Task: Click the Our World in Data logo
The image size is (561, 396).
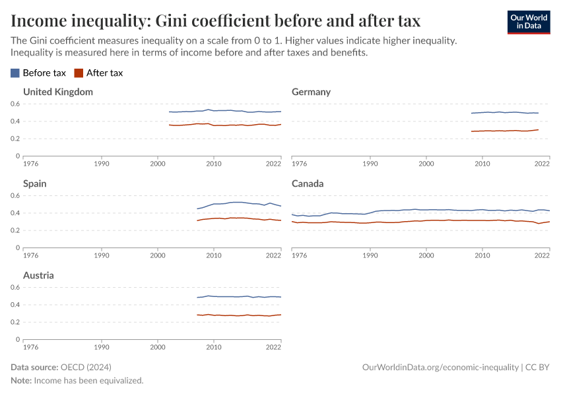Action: (528, 22)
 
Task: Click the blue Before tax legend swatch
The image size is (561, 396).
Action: (15, 73)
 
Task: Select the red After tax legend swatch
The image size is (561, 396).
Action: (79, 73)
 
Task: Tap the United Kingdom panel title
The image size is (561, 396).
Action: (58, 92)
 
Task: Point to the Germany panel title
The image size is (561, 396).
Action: (311, 92)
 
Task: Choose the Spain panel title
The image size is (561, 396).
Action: (35, 183)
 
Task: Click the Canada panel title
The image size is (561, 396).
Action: (308, 183)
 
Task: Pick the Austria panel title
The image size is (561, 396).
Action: (39, 275)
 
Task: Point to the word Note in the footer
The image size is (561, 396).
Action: (22, 381)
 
